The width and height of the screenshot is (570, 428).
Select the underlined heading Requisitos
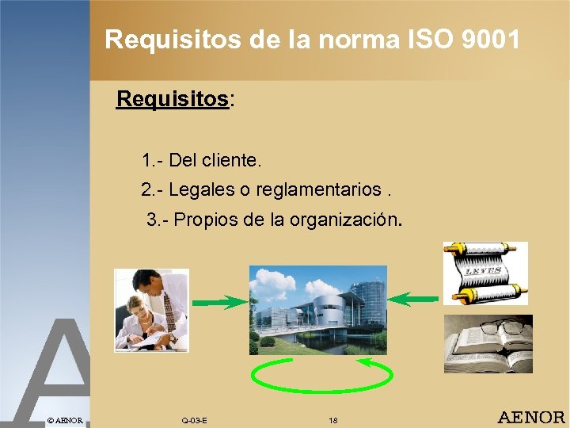(172, 100)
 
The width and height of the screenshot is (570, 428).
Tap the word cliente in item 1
(231, 160)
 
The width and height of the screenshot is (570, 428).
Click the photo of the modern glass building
(318, 310)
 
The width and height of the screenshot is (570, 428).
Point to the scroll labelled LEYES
(483, 272)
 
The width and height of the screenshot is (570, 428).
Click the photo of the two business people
(151, 310)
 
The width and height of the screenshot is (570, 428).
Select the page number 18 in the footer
(333, 419)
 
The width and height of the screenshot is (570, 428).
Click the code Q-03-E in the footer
(195, 419)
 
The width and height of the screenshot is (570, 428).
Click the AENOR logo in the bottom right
(530, 417)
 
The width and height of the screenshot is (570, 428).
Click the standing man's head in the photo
(147, 280)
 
